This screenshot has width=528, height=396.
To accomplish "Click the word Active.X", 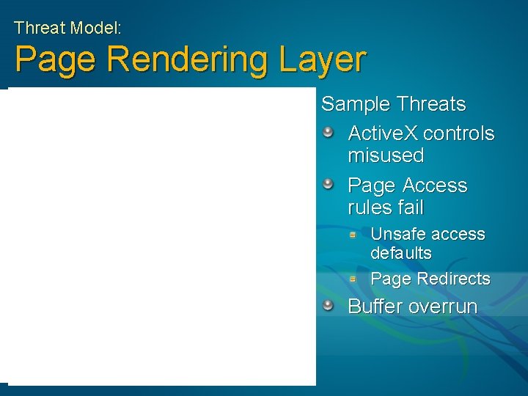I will pos(382,134).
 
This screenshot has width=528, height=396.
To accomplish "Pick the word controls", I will pos(459,134).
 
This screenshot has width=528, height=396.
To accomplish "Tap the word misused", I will pos(386,155).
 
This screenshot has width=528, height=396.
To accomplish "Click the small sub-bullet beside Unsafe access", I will pos(353,235).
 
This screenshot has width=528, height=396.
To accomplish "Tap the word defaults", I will pos(401,253).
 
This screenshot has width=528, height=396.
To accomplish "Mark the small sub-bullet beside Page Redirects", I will pos(353,279).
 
